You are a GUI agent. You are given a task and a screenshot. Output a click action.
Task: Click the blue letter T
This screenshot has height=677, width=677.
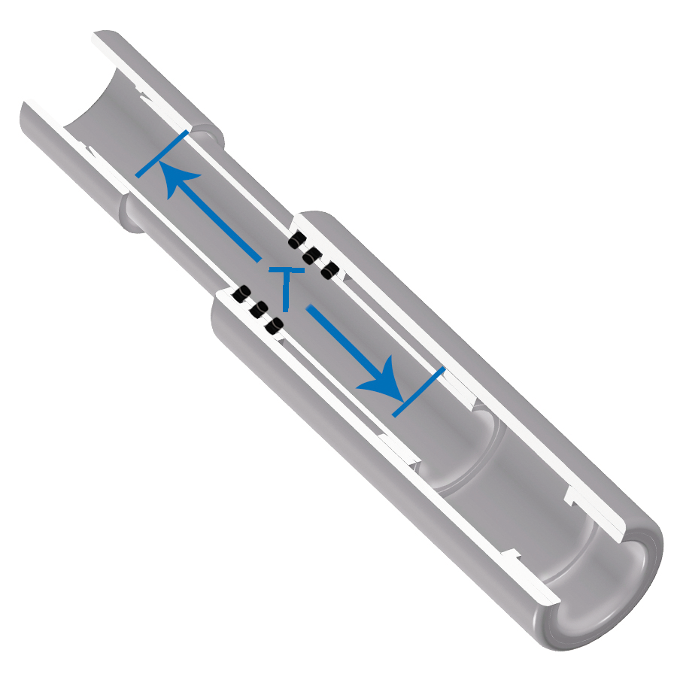[286, 284]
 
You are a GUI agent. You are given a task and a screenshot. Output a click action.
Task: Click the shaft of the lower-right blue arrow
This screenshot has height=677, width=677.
[342, 342]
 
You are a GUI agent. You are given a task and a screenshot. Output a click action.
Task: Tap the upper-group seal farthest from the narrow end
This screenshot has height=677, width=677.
[329, 269]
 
